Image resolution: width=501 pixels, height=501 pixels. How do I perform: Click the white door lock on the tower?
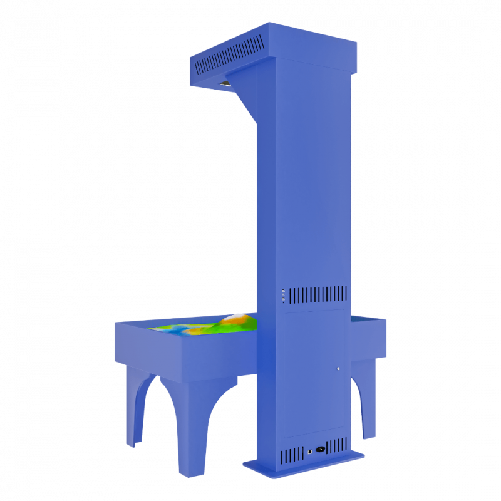pyautogui.click(x=339, y=368)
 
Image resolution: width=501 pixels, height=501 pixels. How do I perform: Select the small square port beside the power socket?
pyautogui.click(x=309, y=450)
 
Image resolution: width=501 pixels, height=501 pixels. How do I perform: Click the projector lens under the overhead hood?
pyautogui.click(x=225, y=84)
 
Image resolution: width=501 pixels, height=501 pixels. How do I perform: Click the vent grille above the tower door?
pyautogui.click(x=318, y=294)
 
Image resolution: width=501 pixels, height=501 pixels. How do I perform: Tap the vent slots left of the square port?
pyautogui.click(x=292, y=455)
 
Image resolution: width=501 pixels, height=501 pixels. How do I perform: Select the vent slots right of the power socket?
pyautogui.click(x=337, y=445)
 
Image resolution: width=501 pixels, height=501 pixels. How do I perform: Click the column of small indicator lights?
pyautogui.click(x=283, y=296)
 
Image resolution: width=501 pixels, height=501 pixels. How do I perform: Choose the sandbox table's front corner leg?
pyautogui.click(x=191, y=432)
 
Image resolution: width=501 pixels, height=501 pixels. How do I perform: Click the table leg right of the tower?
pyautogui.click(x=368, y=401)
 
